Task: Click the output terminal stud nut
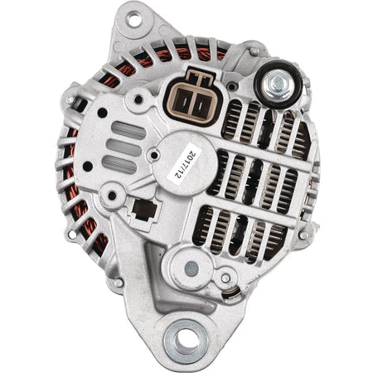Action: coord(278,83)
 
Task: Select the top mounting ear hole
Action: coord(134,20)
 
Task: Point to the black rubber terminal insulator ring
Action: coord(278,84)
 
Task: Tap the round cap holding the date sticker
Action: coord(186,163)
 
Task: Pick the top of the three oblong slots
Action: coord(128,130)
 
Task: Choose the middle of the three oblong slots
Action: coord(124,148)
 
